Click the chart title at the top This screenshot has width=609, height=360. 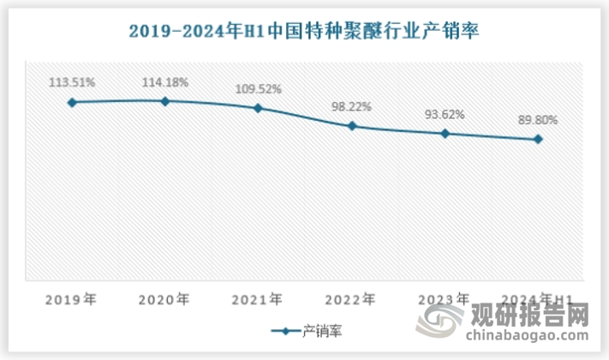(304, 32)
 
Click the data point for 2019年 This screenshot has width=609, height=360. (72, 102)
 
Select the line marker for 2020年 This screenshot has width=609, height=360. (165, 101)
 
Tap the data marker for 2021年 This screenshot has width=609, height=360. (258, 108)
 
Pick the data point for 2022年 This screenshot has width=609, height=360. (351, 126)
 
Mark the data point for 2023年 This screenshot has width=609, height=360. (445, 134)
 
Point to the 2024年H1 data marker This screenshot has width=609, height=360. (537, 139)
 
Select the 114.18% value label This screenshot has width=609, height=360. (165, 82)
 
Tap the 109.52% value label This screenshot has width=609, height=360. (258, 88)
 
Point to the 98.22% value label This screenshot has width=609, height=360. (351, 107)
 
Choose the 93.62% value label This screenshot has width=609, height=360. (445, 115)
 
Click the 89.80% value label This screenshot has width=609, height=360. (537, 121)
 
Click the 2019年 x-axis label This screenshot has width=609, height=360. (72, 300)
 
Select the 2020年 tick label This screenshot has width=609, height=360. (165, 300)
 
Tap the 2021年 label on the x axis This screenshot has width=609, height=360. (258, 300)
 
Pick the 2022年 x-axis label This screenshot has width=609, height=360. (351, 300)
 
